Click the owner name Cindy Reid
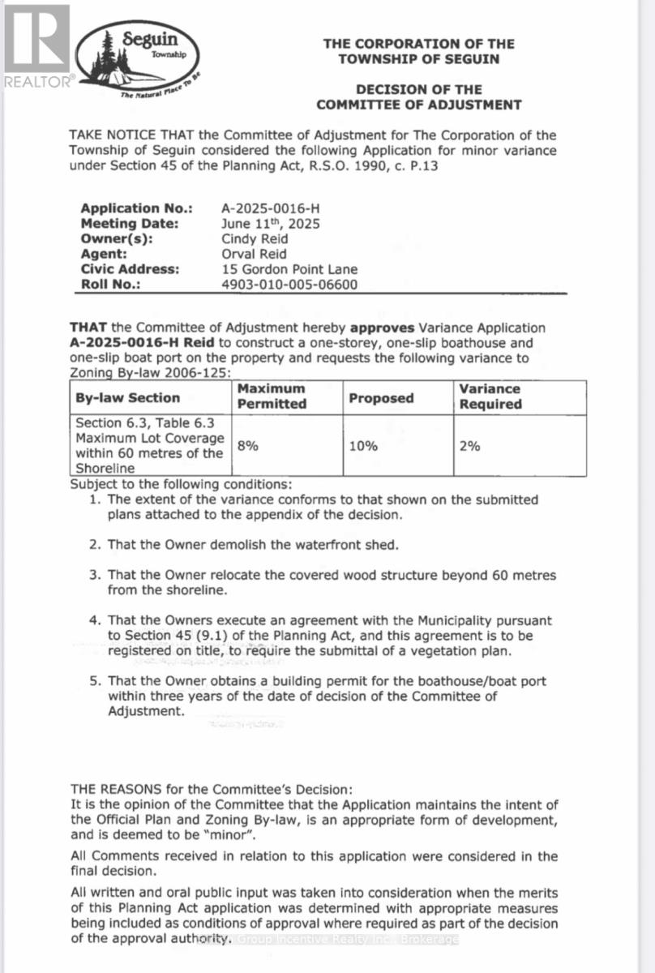tap(255, 239)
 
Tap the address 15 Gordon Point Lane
tap(289, 269)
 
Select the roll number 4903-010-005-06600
tap(289, 285)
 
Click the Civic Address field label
tap(130, 269)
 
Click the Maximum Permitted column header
tap(272, 396)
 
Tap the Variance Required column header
tap(490, 396)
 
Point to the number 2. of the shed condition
tap(95, 544)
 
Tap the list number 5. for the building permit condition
tap(95, 681)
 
